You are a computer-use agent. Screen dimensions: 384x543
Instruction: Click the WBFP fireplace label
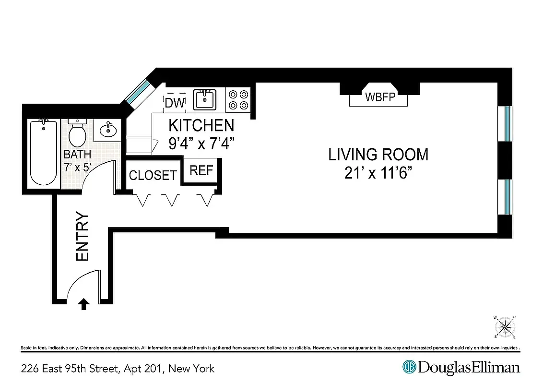[x=380, y=97]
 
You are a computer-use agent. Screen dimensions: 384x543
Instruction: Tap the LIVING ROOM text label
[x=378, y=155]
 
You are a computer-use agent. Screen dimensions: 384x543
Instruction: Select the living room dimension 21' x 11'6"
[x=378, y=173]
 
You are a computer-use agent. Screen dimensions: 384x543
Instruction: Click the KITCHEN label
[x=201, y=126]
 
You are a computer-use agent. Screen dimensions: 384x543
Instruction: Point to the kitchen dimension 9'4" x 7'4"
[x=201, y=144]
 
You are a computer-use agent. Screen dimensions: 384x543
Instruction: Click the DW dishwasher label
[x=174, y=103]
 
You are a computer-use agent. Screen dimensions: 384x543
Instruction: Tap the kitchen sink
[x=205, y=100]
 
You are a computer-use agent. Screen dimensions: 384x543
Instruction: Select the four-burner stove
[x=238, y=100]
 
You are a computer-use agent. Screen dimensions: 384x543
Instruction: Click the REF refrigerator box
[x=201, y=170]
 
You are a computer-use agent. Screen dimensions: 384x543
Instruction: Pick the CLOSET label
[x=153, y=175]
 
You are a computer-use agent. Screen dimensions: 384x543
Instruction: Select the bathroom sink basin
[x=108, y=130]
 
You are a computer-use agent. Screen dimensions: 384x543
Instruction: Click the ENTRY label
[x=83, y=237]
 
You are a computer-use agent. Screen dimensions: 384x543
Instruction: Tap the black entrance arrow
[x=84, y=304]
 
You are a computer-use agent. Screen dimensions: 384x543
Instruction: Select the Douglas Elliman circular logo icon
[x=409, y=367]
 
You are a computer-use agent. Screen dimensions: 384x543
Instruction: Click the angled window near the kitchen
[x=139, y=91]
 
